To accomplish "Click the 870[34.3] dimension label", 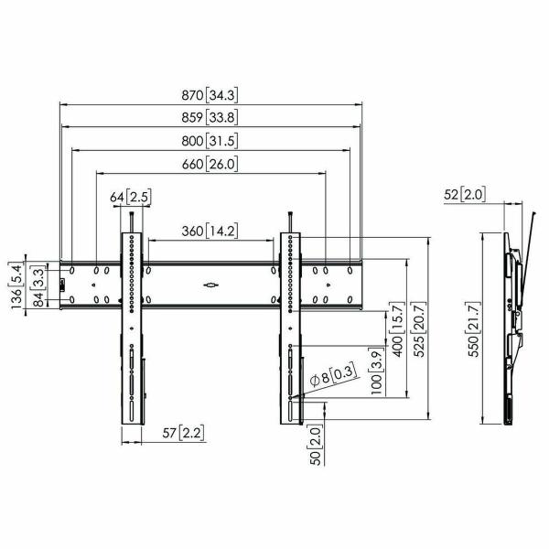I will (x=211, y=94).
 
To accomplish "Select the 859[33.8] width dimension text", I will (x=211, y=116).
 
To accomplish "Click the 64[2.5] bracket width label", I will (x=132, y=198).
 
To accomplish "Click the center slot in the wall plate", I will (x=210, y=285).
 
